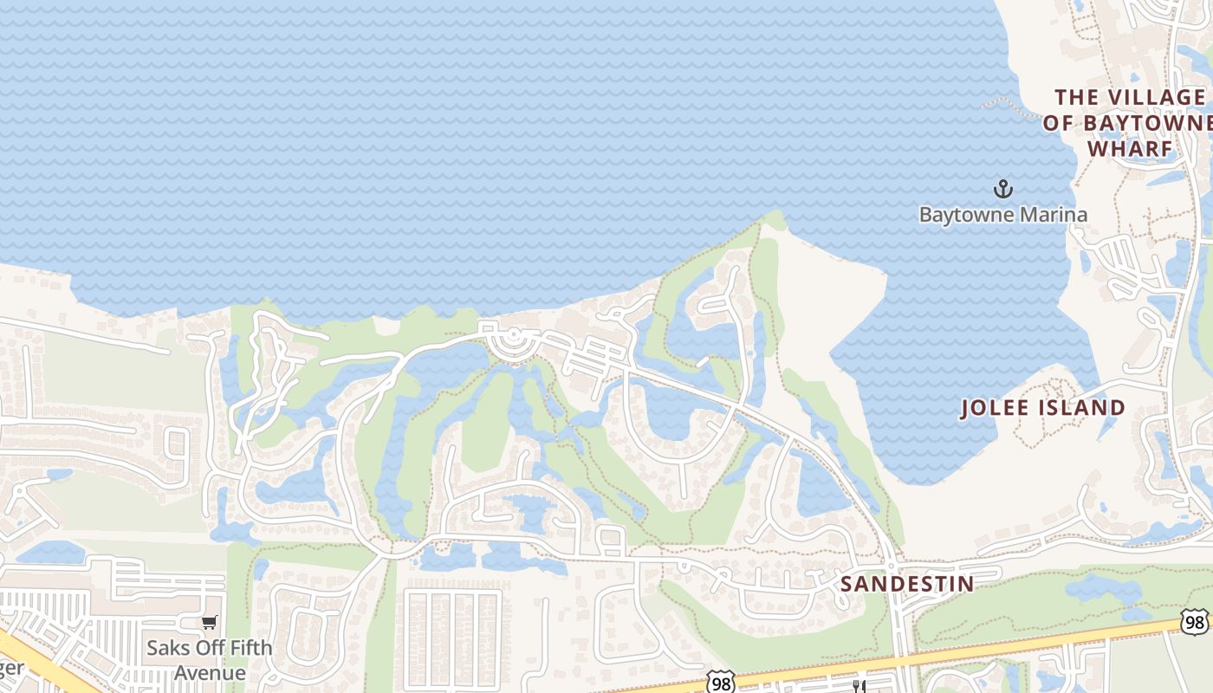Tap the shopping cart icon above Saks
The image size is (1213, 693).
[209, 622]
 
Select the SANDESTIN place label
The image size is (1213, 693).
[907, 584]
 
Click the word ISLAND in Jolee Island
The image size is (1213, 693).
[1086, 408]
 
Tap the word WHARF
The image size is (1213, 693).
[1130, 148]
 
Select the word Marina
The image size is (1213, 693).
[1050, 214]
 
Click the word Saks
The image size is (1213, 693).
[168, 648]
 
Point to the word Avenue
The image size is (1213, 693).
[210, 673]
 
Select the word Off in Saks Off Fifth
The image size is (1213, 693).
[208, 648]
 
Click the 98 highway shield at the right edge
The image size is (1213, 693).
[1195, 621]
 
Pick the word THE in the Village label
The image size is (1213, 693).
[1076, 97]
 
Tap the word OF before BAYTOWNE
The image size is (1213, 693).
[1057, 123]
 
